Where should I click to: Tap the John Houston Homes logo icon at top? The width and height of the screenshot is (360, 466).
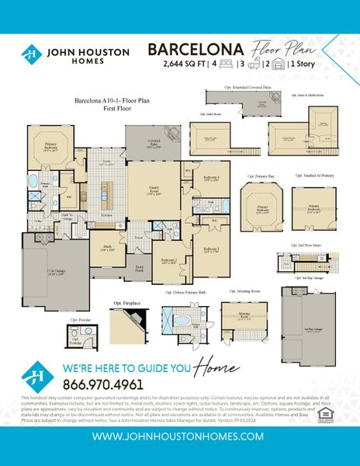32,54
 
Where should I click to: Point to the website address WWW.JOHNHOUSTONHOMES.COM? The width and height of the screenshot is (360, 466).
180,436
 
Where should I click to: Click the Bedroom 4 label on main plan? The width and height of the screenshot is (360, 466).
211,178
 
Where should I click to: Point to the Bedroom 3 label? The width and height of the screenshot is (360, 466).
210,250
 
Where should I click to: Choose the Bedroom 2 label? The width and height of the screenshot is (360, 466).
169,261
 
